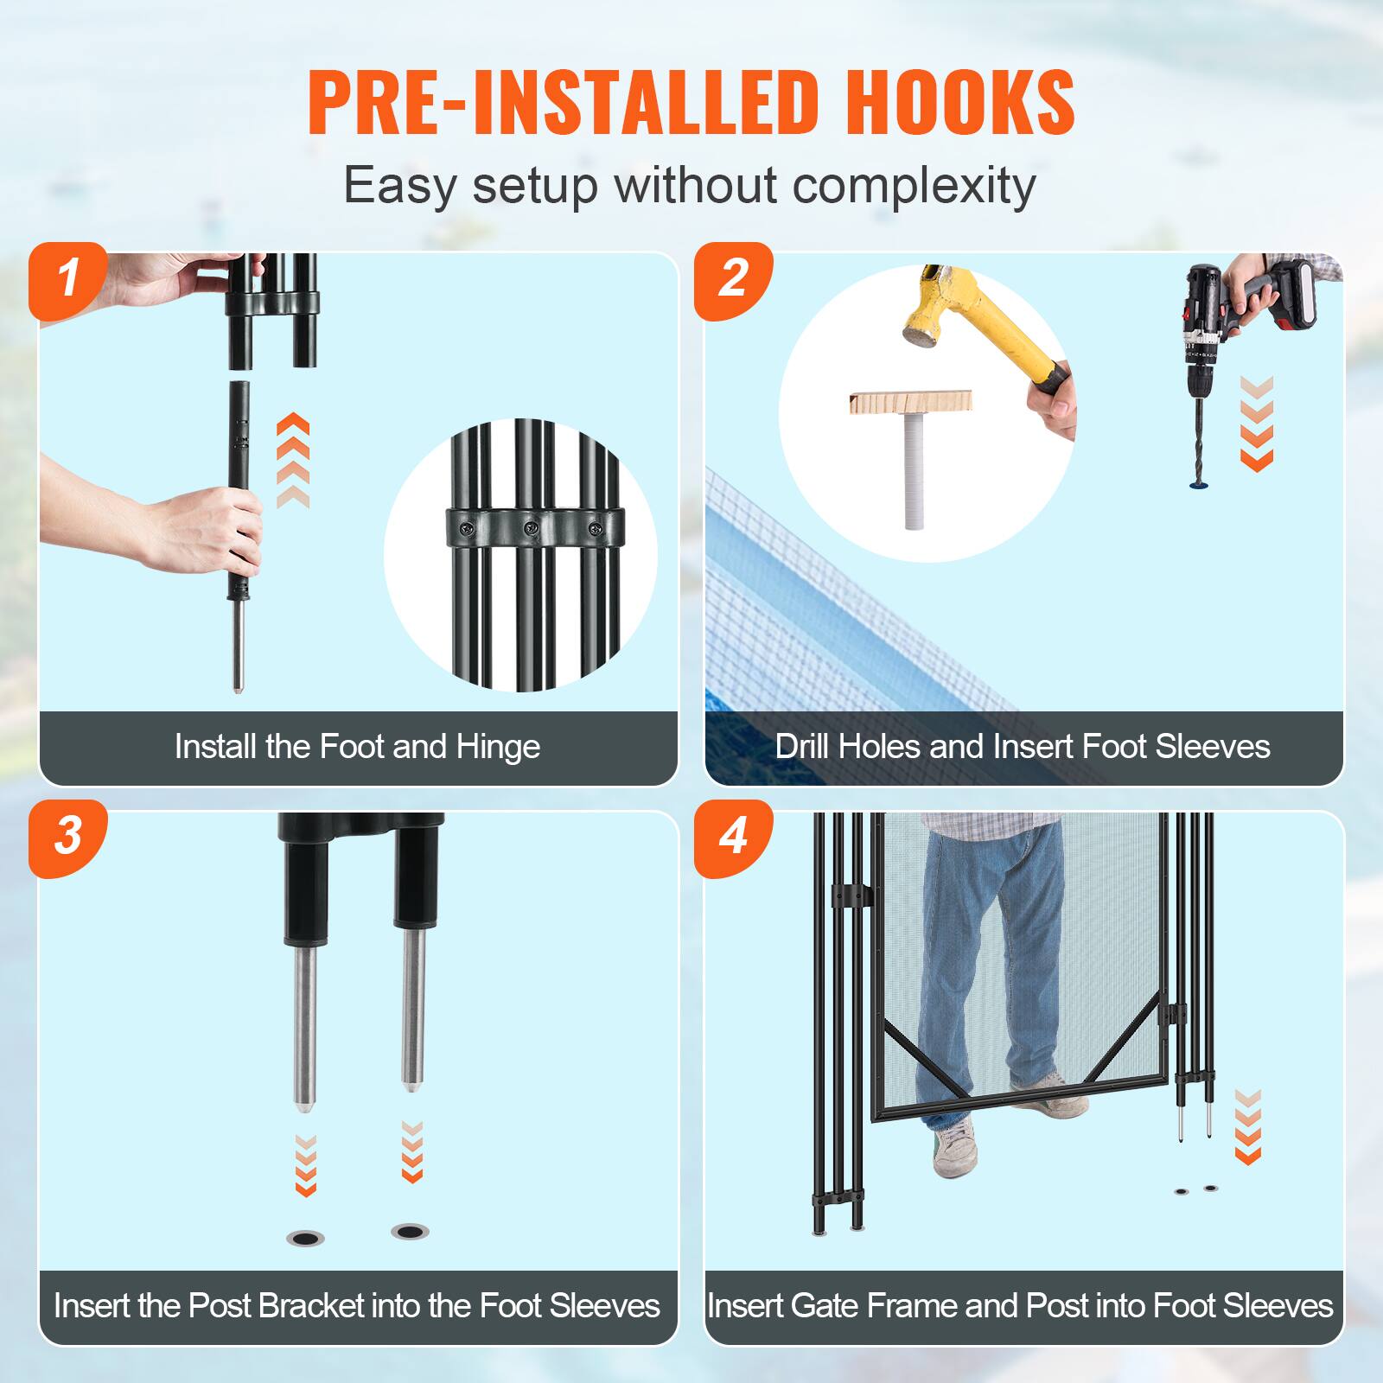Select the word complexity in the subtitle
pyautogui.click(x=914, y=185)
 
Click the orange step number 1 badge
pyautogui.click(x=68, y=279)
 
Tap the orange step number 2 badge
pyautogui.click(x=734, y=279)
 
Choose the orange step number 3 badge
pyautogui.click(x=68, y=837)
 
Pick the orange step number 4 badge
pyautogui.click(x=734, y=837)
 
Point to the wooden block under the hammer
pyautogui.click(x=910, y=403)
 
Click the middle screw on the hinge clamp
pyautogui.click(x=523, y=526)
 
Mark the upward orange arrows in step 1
pyautogui.click(x=293, y=461)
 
